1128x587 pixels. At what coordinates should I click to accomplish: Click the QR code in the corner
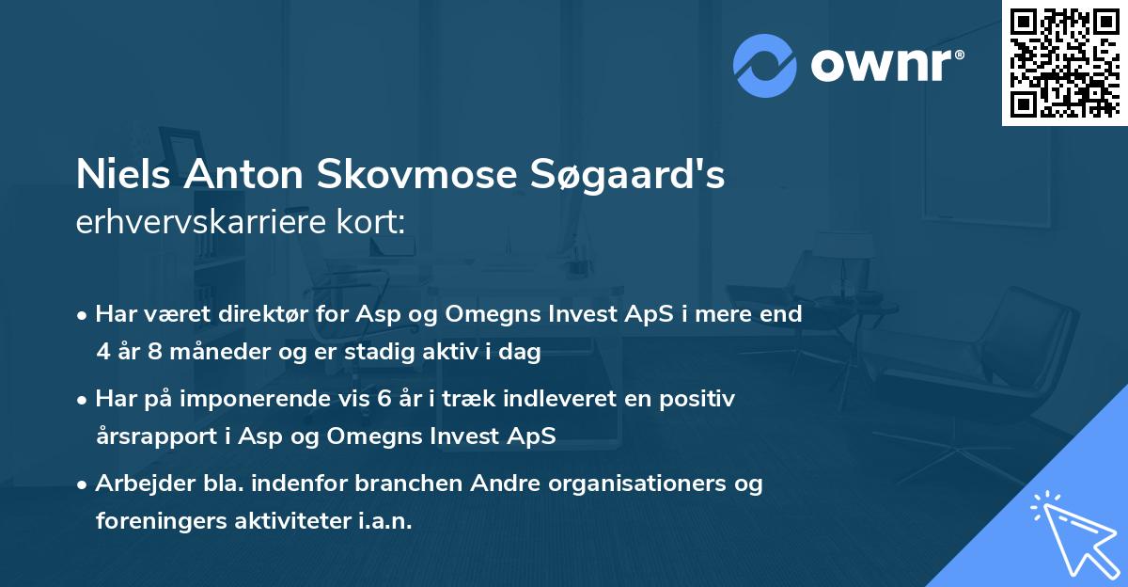coord(1064,62)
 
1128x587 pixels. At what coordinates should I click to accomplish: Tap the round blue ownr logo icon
coord(764,65)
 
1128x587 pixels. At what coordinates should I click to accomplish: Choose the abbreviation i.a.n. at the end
coord(385,521)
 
